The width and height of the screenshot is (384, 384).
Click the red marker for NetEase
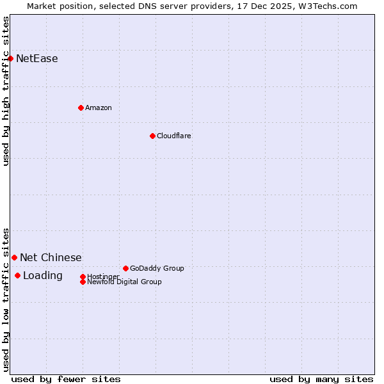(x=10, y=59)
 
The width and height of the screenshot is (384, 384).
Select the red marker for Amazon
(x=81, y=108)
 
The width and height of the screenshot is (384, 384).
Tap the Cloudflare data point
(x=152, y=136)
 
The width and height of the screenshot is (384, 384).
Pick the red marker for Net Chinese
(x=14, y=257)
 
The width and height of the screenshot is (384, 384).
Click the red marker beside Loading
(x=17, y=276)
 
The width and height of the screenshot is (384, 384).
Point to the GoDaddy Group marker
(x=125, y=268)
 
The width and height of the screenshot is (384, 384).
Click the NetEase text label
(x=37, y=59)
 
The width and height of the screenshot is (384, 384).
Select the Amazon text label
(x=99, y=108)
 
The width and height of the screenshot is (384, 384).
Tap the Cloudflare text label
(x=174, y=136)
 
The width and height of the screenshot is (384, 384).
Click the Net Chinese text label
(x=51, y=258)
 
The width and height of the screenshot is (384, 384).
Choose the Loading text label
(x=43, y=276)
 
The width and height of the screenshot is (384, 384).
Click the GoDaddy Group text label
(x=157, y=268)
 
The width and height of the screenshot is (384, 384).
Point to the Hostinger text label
(x=103, y=276)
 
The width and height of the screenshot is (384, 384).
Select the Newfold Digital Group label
(x=124, y=282)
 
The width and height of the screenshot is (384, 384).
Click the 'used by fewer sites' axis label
(x=66, y=380)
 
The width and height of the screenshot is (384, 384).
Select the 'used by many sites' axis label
(x=321, y=380)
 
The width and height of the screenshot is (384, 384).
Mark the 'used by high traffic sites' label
(x=6, y=91)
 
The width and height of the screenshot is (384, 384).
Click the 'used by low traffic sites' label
(x=6, y=300)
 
